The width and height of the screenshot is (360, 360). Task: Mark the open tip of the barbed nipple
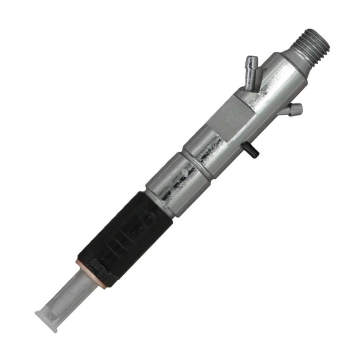tap(252, 59)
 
